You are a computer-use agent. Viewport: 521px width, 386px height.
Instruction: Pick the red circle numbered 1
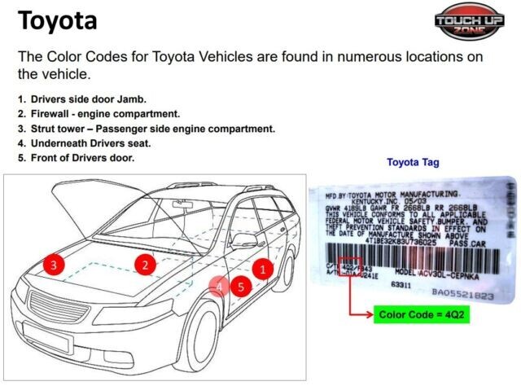click(262, 266)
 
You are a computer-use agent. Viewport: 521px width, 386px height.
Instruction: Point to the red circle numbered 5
click(240, 286)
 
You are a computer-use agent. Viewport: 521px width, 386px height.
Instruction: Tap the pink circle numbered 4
click(218, 287)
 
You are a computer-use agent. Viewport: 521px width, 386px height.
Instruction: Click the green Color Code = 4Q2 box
click(423, 314)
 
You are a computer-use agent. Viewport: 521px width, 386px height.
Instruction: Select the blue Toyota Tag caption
click(413, 162)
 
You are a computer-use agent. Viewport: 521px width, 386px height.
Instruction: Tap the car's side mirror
click(243, 240)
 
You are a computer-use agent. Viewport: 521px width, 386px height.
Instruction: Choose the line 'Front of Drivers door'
click(82, 158)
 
